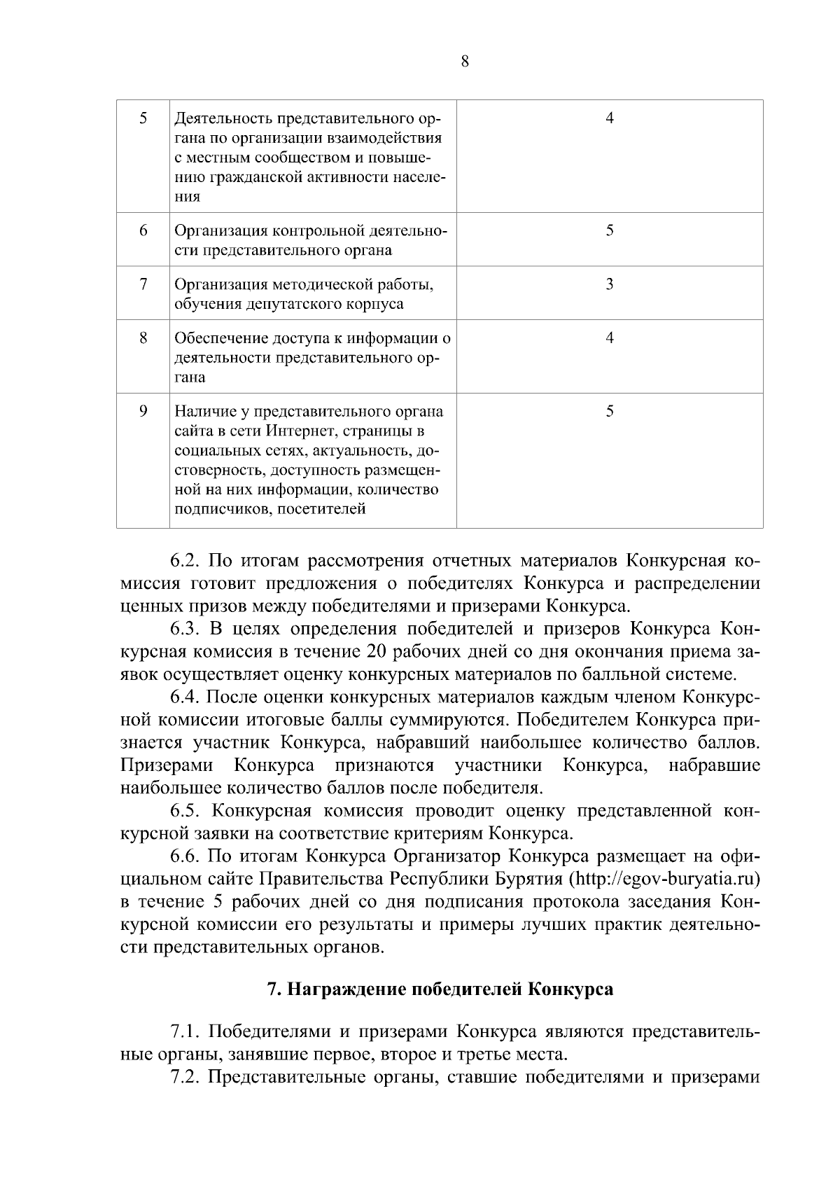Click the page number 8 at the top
pyautogui.click(x=465, y=62)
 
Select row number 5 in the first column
pyautogui.click(x=143, y=118)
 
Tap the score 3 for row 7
pyautogui.click(x=610, y=284)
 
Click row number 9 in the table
pyautogui.click(x=143, y=411)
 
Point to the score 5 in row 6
pyautogui.click(x=610, y=230)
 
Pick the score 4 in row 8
pyautogui.click(x=610, y=338)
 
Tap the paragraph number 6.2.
pyautogui.click(x=185, y=562)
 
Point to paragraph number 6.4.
pyautogui.click(x=185, y=698)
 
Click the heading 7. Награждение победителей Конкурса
pyautogui.click(x=440, y=989)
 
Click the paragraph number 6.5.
pyautogui.click(x=185, y=811)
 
